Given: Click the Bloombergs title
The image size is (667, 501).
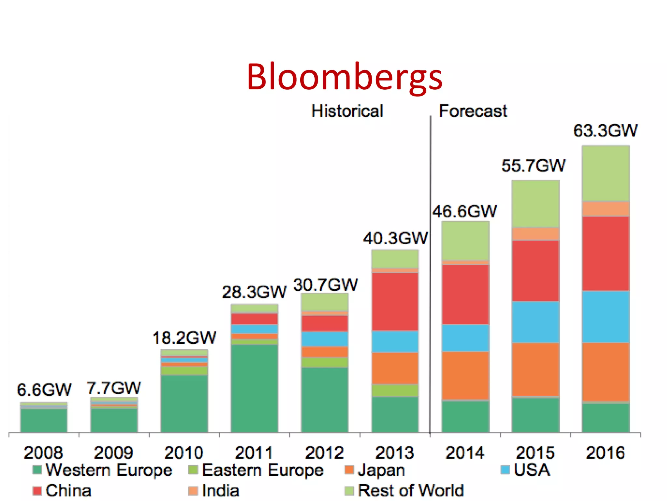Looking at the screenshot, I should (345, 77).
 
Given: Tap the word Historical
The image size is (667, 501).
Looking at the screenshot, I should (347, 111).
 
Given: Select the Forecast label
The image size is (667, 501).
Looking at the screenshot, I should (473, 111).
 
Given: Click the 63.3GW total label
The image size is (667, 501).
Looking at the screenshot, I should (605, 130).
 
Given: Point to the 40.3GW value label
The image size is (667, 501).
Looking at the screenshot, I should (395, 238).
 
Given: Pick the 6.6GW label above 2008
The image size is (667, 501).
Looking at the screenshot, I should (44, 390).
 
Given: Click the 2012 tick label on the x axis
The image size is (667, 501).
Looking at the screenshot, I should (324, 453).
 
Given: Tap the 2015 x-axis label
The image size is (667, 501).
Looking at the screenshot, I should (535, 453).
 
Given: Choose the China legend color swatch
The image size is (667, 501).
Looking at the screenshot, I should (37, 491).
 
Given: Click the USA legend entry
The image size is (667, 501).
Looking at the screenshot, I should (532, 470).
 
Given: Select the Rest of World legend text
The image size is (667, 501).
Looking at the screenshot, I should (411, 491).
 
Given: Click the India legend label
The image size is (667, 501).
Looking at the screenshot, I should (220, 491).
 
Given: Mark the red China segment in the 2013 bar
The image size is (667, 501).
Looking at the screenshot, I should (395, 302).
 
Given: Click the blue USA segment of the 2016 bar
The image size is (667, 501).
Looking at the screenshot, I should (606, 316).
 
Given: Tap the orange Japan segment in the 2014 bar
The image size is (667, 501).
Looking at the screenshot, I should (465, 375).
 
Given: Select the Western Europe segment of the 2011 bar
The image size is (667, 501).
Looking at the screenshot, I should (254, 388).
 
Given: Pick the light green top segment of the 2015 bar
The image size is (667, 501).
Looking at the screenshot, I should (535, 204).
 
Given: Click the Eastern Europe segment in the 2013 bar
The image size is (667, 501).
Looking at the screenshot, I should (395, 390).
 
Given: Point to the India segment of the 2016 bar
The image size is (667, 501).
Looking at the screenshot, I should (606, 209).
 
